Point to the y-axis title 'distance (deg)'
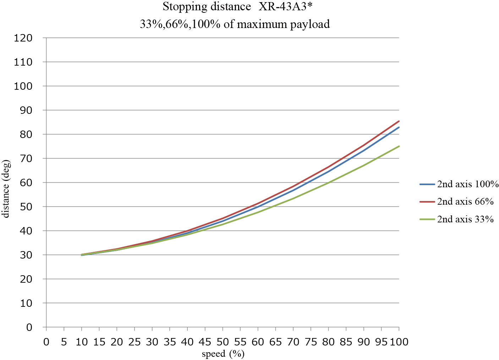(x=6, y=189)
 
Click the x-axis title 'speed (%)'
(x=223, y=354)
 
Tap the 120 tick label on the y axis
(x=23, y=38)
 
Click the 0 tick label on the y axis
(x=29, y=327)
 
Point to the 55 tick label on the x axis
(x=240, y=342)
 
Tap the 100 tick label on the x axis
(x=399, y=342)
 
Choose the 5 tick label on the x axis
(x=64, y=342)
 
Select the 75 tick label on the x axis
(x=311, y=342)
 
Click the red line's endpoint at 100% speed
(x=399, y=121)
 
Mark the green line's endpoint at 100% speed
(x=399, y=146)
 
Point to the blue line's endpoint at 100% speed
(x=399, y=127)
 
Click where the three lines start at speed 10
(x=82, y=255)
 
